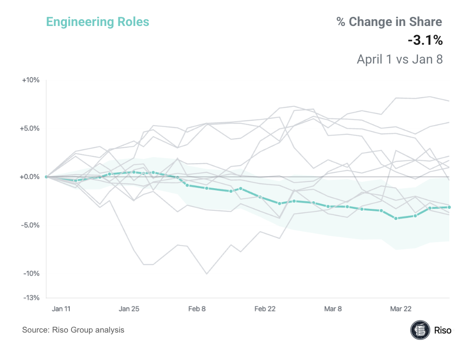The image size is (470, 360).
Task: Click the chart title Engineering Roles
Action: (97, 22)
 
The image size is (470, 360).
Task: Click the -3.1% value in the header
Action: (425, 41)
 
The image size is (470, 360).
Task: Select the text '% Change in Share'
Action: (389, 22)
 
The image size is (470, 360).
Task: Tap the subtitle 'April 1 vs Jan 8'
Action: (399, 59)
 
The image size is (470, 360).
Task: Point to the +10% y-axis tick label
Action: (30, 80)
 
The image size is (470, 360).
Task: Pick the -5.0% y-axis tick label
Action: (29, 225)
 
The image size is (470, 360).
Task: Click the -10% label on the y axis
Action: (31, 273)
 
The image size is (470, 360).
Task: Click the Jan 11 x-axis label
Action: (62, 309)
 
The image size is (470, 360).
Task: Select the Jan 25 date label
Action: (129, 309)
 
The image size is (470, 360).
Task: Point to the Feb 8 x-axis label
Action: (197, 309)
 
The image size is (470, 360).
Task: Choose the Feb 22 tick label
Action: (265, 309)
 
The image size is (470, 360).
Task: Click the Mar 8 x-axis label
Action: (333, 309)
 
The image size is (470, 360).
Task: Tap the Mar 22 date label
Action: (401, 309)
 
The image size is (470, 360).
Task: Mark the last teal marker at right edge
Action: (449, 207)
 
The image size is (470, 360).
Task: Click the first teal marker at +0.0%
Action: (46, 177)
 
